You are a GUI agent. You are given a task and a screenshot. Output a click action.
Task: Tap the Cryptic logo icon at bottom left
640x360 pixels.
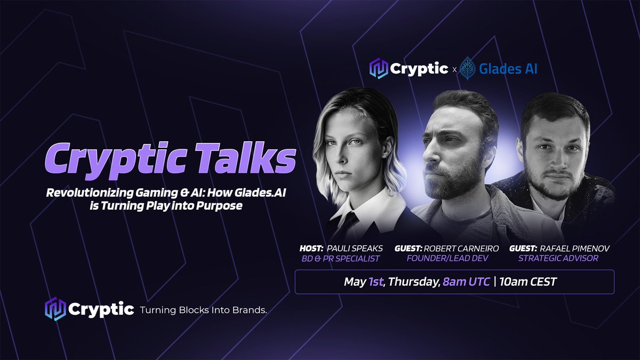pos(55,310)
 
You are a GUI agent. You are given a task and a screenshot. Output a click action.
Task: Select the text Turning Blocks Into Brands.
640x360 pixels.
pos(203,310)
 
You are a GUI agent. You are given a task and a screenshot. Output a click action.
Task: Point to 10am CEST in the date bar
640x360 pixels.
pos(527,282)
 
